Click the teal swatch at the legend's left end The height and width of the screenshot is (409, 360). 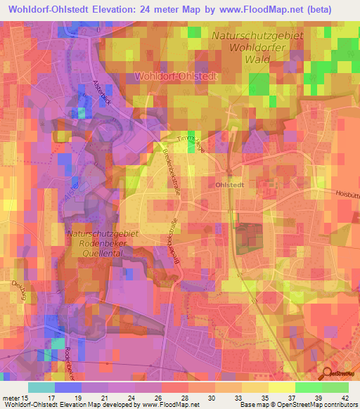click(41, 387)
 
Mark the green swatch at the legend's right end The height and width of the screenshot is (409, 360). click(335, 387)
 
